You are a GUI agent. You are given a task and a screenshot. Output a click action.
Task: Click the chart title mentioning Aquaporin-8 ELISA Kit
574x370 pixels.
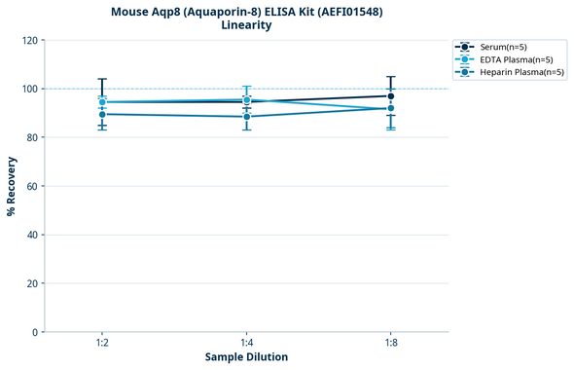[246, 11]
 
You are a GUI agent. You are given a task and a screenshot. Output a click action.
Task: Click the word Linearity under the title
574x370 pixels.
[246, 25]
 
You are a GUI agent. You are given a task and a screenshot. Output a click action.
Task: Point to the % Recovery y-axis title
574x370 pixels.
[12, 186]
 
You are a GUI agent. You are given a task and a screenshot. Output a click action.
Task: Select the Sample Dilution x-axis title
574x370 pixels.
[246, 357]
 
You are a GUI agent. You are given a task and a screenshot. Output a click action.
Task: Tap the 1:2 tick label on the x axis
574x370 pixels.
[102, 343]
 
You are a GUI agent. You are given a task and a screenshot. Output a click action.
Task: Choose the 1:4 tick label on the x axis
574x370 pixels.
[246, 343]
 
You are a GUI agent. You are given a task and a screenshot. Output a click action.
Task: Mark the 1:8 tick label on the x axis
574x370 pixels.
[390, 343]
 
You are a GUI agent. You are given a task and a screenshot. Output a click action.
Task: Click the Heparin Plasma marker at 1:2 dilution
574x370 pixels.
[102, 114]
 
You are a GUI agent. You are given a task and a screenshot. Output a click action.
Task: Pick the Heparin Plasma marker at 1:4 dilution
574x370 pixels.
[246, 117]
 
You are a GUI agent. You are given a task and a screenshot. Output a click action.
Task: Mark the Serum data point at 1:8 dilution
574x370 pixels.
[390, 95]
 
